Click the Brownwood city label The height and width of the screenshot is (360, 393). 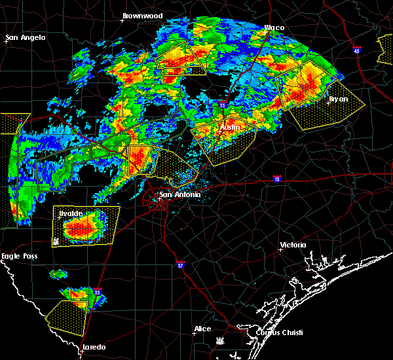(x=143, y=15)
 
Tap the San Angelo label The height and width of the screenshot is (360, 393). (x=26, y=37)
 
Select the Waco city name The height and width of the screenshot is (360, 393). (x=274, y=27)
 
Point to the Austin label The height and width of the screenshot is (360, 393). (x=230, y=126)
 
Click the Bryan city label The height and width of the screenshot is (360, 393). (x=338, y=99)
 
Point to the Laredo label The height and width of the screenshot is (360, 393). (x=94, y=347)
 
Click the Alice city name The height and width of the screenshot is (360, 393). (x=202, y=329)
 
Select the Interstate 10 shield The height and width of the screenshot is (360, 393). (x=278, y=178)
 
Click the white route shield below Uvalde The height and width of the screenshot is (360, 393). (x=56, y=240)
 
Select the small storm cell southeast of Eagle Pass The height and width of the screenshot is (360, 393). (x=58, y=273)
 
